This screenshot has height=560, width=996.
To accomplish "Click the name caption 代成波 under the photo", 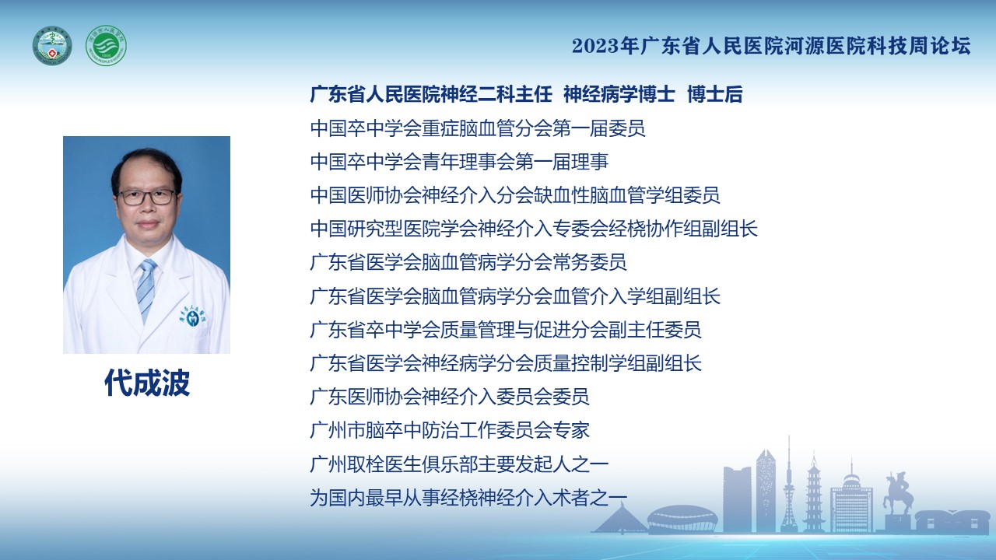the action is [147, 383].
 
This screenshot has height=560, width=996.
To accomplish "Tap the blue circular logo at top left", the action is [52, 45].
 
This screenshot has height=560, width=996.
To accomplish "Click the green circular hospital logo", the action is [106, 45].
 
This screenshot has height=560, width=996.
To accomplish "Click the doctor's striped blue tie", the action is [146, 289].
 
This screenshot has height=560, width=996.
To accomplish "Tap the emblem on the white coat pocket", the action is [193, 317].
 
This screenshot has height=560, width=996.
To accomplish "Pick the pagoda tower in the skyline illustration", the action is [814, 492].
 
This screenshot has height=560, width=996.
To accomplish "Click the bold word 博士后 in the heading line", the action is [714, 95].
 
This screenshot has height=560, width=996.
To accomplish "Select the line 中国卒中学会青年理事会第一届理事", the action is [459, 161].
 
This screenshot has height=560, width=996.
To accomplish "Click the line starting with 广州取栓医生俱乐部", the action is [459, 464].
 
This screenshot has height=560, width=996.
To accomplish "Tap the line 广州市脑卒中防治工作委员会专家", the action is [450, 430].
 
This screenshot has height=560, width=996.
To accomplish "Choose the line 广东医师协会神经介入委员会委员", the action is [450, 397].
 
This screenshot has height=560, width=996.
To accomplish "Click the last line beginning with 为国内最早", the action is [468, 498].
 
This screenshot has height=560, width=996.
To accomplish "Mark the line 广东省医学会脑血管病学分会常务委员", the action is [468, 262].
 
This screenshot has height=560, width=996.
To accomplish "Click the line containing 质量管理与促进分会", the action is [506, 330].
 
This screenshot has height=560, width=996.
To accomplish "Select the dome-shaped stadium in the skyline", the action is [682, 519].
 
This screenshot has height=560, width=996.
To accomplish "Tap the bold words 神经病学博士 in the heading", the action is [619, 95].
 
